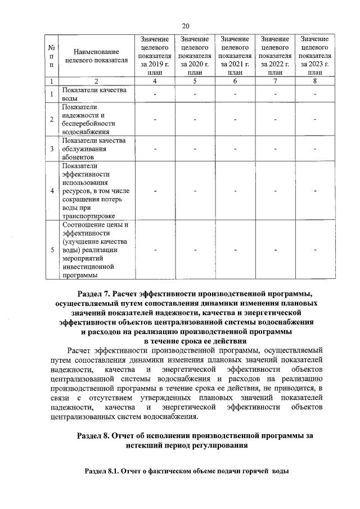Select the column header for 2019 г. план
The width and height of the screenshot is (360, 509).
(x=155, y=56)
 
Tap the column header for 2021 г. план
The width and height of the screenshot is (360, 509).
(x=235, y=56)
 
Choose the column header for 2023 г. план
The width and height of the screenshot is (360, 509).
(x=315, y=56)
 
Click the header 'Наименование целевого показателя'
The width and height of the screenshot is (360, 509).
(x=93, y=56)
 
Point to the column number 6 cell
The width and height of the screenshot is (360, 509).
(x=235, y=82)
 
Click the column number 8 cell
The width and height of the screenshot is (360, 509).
(x=315, y=82)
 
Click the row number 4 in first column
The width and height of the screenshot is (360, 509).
(x=52, y=191)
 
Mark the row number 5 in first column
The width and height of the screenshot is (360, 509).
(x=52, y=250)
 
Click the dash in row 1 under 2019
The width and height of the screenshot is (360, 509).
(x=155, y=94)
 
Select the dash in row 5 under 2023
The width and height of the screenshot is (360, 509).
(x=315, y=250)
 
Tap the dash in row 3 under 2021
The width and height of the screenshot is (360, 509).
(x=235, y=149)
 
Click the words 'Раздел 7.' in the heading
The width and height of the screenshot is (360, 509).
(x=93, y=294)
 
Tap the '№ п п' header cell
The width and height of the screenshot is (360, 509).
(x=52, y=56)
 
